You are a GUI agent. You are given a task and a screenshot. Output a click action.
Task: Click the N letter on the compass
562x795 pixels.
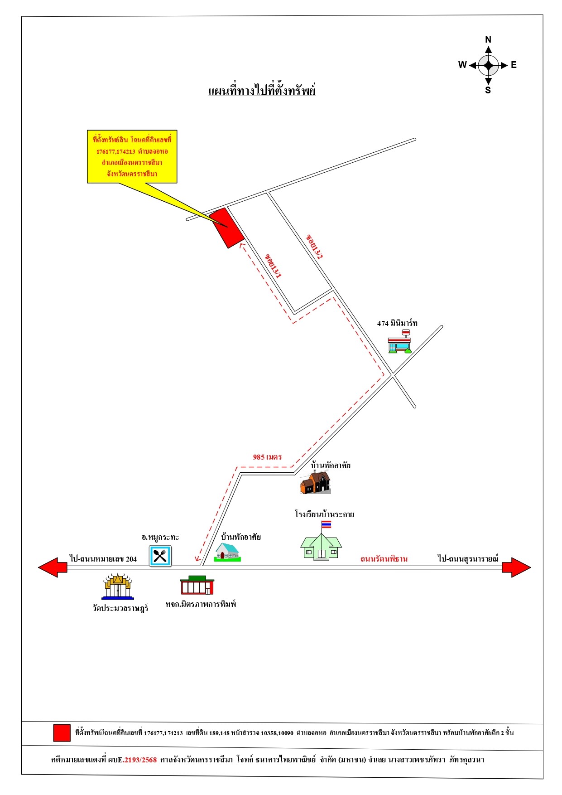[488, 39]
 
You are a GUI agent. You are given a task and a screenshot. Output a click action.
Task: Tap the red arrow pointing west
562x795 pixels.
[53, 567]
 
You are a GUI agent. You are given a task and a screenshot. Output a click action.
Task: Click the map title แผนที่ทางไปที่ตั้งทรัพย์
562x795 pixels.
[262, 90]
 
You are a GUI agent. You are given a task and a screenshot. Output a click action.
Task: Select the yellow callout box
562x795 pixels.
[132, 157]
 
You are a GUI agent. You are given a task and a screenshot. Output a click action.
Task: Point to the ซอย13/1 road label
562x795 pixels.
[274, 266]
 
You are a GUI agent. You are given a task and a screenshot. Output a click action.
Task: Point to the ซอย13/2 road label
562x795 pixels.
[314, 247]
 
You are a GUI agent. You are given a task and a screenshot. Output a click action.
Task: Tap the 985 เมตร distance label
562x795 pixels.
[267, 457]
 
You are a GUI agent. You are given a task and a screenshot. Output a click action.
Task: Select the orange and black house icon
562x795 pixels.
[316, 482]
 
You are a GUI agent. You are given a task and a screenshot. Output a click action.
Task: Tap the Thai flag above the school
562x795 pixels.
[326, 524]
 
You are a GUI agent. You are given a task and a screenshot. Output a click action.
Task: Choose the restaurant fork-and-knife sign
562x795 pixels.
[160, 556]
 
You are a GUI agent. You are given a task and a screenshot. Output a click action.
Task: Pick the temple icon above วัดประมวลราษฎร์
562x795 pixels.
[118, 586]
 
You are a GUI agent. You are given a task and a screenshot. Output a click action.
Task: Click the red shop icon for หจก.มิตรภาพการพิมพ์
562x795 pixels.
[197, 585]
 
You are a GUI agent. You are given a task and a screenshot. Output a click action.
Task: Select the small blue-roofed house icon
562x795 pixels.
[227, 553]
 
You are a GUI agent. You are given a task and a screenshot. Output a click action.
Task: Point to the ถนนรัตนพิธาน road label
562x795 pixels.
[384, 559]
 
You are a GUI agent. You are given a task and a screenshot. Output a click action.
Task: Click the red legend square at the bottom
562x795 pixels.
[62, 733]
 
